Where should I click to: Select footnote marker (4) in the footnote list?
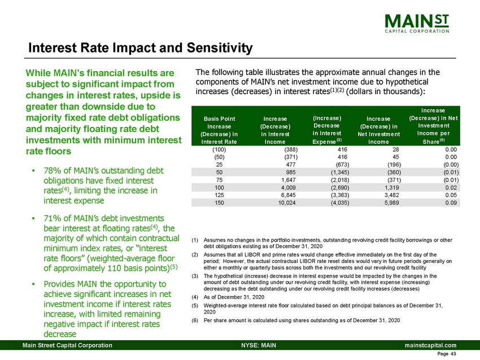[x=195, y=296]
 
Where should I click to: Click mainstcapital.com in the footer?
[x=430, y=344]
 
